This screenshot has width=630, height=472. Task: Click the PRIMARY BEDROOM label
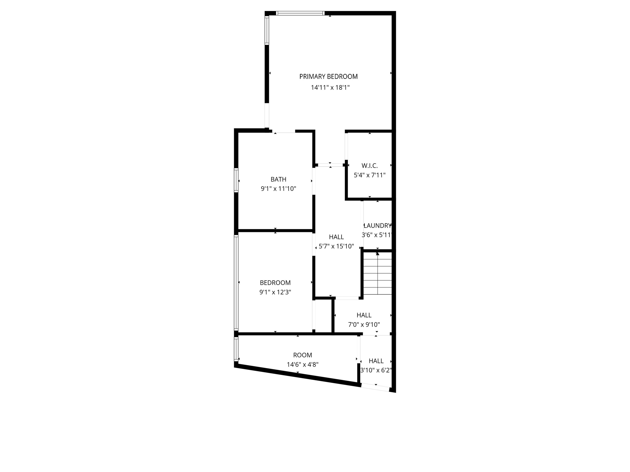coord(329,77)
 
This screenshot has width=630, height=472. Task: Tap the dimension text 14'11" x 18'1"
coord(330,88)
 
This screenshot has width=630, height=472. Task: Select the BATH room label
coord(278,179)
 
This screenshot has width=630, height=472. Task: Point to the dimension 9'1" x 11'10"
coord(278,189)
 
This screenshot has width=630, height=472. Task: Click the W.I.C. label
coord(369,166)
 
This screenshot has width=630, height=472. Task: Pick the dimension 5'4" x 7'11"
coord(369,175)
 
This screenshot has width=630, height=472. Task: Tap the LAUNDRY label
coord(377,226)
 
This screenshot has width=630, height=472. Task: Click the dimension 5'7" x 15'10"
coord(336,246)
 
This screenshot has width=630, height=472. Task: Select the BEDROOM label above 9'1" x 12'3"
coord(275,283)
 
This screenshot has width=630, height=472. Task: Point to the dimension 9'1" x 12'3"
coord(275,292)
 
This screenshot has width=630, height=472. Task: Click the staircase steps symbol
coord(377,273)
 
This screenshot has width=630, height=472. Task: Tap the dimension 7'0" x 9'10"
coord(364,324)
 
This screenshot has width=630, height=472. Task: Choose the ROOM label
coord(302,355)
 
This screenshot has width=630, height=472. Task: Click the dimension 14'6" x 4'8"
coord(302,365)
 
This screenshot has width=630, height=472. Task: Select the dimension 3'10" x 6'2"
coord(376,370)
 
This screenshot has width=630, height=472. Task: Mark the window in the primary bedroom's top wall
coord(300,13)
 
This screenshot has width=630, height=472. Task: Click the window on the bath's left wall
coord(236,180)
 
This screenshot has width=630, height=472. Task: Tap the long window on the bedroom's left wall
coord(236,283)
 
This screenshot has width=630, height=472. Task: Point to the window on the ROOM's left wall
coord(236,349)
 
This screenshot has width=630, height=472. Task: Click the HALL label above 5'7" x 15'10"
coord(336,237)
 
